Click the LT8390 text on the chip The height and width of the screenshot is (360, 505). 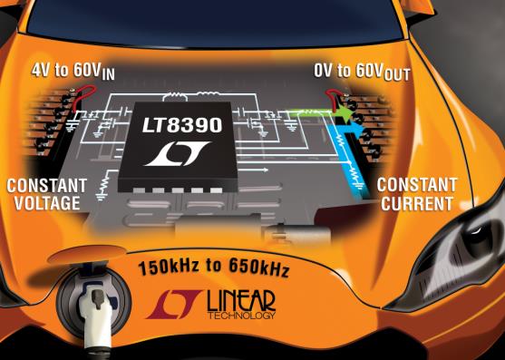(182, 125)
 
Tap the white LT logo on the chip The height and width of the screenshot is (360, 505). (178, 154)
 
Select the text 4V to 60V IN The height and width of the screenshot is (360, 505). (73, 72)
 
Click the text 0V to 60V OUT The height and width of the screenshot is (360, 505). (362, 73)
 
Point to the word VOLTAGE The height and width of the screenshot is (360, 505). (47, 203)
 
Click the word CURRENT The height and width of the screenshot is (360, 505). (417, 203)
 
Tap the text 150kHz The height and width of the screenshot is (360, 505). (169, 267)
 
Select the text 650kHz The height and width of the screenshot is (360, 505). (258, 268)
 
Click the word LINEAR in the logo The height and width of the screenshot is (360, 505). (241, 301)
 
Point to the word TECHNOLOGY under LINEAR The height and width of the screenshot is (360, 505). (241, 315)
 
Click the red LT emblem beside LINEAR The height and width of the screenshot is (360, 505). (174, 304)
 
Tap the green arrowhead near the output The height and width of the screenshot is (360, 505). (345, 115)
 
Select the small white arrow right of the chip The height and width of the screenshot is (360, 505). (254, 170)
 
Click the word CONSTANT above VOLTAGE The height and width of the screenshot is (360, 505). (47, 186)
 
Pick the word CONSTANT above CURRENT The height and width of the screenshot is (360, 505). (417, 185)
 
